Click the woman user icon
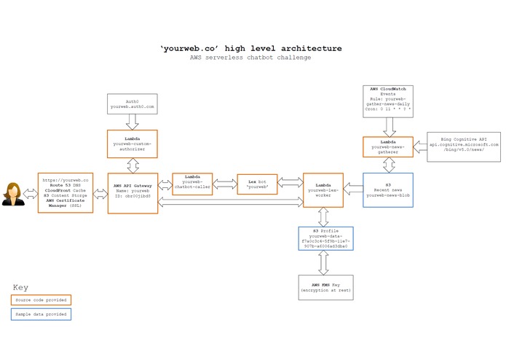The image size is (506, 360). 12,193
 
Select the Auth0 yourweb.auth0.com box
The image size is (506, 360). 132,104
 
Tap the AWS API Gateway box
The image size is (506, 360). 132,192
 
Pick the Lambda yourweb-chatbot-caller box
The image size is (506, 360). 191,184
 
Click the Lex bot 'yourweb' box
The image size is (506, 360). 257,184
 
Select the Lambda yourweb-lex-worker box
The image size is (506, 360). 323,192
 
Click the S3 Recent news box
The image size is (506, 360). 388,189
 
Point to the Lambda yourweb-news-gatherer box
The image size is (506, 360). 388,147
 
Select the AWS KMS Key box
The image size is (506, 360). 325,287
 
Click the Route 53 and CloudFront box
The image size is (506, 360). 65,192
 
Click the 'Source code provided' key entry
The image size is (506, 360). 41,300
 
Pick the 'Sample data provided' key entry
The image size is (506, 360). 41,314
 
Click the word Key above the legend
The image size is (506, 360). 21,287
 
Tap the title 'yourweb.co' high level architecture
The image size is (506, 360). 250,48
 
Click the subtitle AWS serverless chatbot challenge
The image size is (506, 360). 250,58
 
